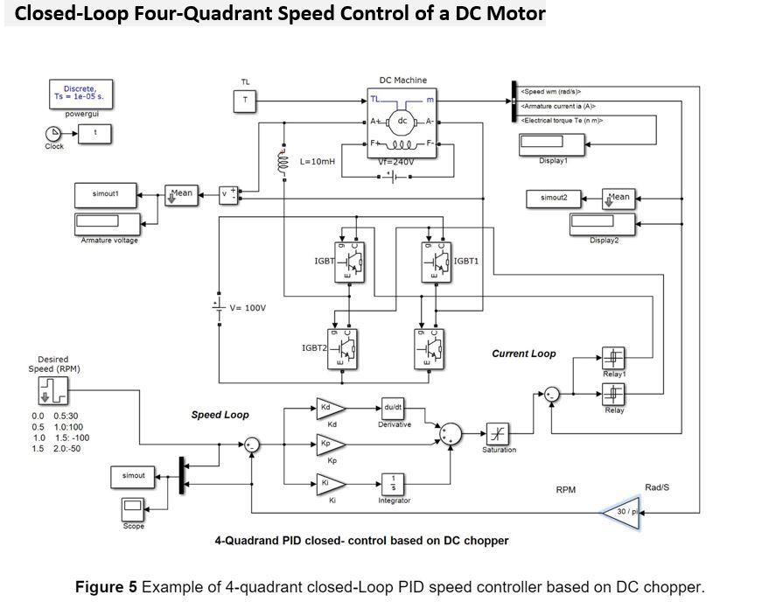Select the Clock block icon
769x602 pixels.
click(52, 134)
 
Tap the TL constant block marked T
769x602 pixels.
click(245, 101)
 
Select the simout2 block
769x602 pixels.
click(554, 198)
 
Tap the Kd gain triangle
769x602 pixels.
click(330, 408)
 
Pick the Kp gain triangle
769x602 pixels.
click(330, 444)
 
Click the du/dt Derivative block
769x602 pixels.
click(393, 408)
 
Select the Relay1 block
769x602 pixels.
click(613, 358)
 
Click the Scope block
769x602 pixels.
click(133, 508)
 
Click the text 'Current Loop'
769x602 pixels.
click(523, 354)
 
